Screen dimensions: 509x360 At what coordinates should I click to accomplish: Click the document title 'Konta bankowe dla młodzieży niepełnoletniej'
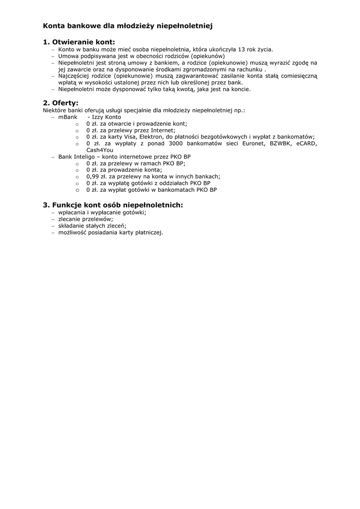click(128, 25)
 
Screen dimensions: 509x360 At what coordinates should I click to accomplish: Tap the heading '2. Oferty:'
click(61, 103)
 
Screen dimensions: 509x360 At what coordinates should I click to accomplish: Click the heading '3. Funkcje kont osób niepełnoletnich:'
click(113, 205)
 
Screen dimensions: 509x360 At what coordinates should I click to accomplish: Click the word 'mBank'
click(68, 117)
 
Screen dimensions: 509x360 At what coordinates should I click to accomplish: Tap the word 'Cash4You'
click(99, 150)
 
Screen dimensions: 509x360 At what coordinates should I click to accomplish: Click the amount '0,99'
click(92, 176)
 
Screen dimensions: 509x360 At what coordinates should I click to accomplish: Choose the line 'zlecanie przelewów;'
click(86, 219)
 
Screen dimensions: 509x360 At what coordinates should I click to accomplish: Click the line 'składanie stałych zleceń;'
click(92, 225)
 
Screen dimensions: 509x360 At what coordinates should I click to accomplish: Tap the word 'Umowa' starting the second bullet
click(69, 56)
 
